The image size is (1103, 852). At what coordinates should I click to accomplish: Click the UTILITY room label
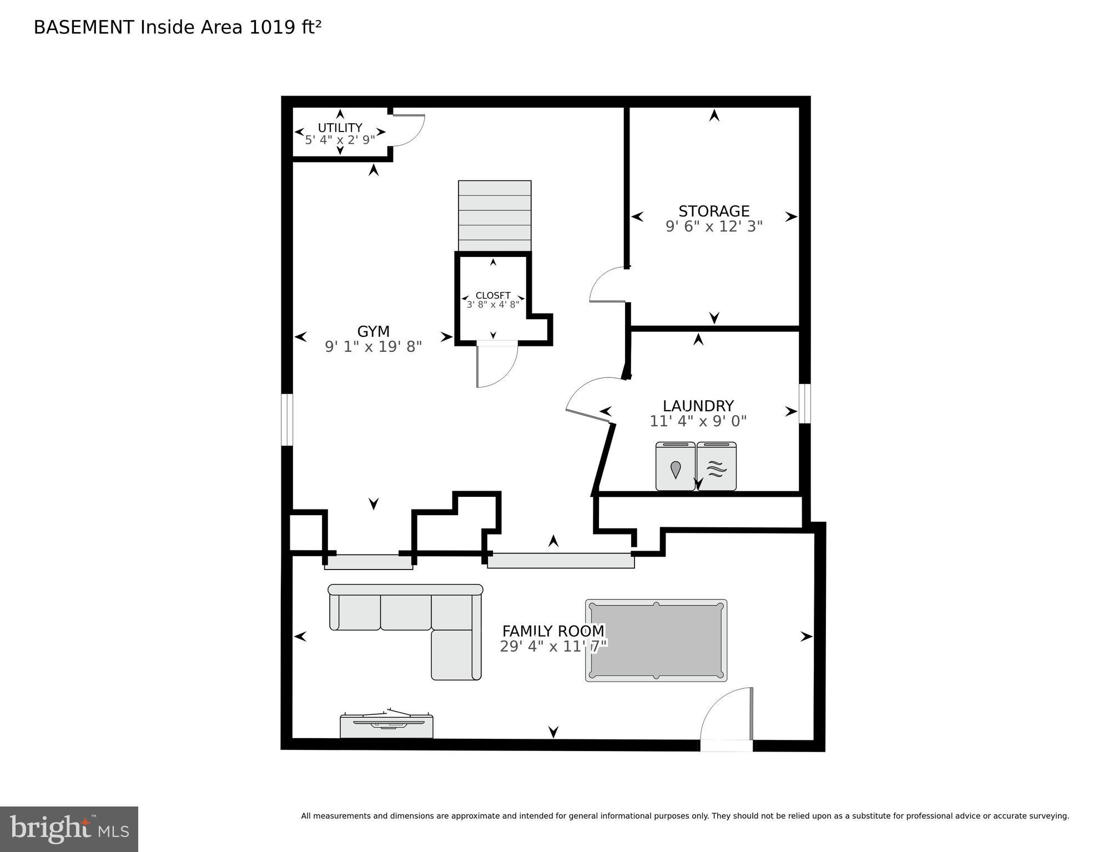pos(340,128)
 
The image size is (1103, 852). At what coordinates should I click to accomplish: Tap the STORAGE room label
pos(714,211)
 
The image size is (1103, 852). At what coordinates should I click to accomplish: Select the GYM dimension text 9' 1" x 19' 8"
pos(373,347)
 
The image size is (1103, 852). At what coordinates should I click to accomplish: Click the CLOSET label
pos(493,295)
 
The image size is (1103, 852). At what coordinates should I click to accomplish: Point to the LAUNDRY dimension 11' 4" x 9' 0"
pos(698,421)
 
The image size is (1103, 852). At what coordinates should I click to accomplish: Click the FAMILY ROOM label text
pos(553,631)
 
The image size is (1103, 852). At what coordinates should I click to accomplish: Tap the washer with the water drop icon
pos(675,467)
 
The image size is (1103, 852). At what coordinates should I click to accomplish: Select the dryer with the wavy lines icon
pos(717,467)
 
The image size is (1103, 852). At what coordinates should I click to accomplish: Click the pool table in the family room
pos(656,641)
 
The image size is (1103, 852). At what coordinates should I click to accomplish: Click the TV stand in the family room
pos(386,727)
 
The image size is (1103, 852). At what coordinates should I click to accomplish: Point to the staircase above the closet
pos(495,216)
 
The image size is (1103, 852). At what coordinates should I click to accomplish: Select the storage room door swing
pos(608,285)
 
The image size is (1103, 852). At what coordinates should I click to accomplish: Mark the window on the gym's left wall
pos(286,420)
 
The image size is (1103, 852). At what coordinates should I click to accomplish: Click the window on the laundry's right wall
pos(804,404)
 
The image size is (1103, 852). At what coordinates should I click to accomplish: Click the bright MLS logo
pos(69,829)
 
